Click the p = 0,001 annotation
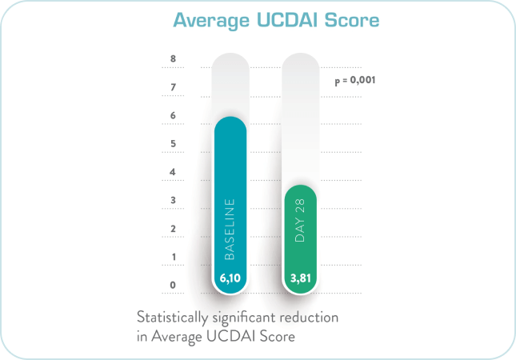[354, 81]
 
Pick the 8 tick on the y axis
[173, 58]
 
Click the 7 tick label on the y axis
[173, 86]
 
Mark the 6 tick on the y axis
[173, 115]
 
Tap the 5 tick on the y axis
[173, 143]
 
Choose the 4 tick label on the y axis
[173, 172]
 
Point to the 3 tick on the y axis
[173, 200]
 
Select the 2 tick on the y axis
[173, 229]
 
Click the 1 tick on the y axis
[173, 257]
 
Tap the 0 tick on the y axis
[173, 285]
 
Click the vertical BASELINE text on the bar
[230, 229]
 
